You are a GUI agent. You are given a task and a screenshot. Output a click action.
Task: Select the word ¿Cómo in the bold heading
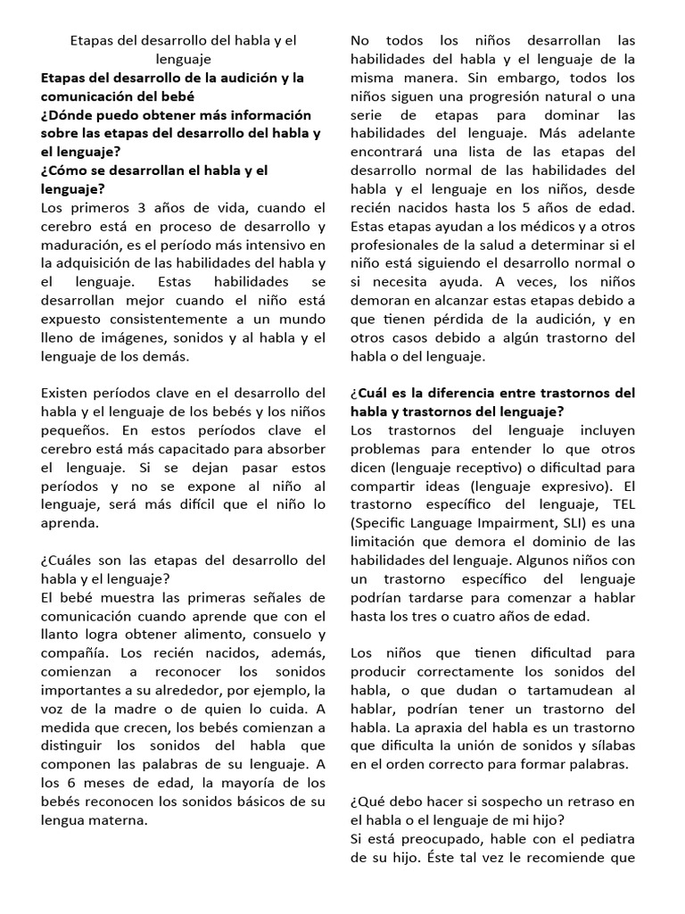tap(66, 170)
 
